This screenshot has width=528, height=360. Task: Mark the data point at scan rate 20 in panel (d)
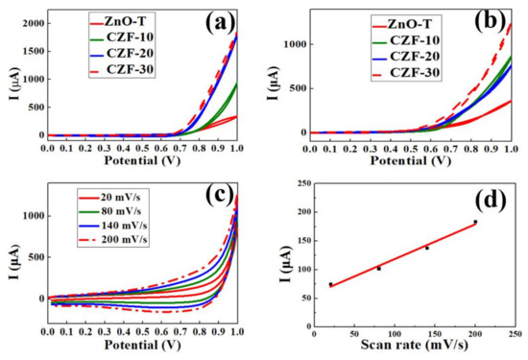point(330,284)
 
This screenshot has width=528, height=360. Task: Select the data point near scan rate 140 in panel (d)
point(427,248)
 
